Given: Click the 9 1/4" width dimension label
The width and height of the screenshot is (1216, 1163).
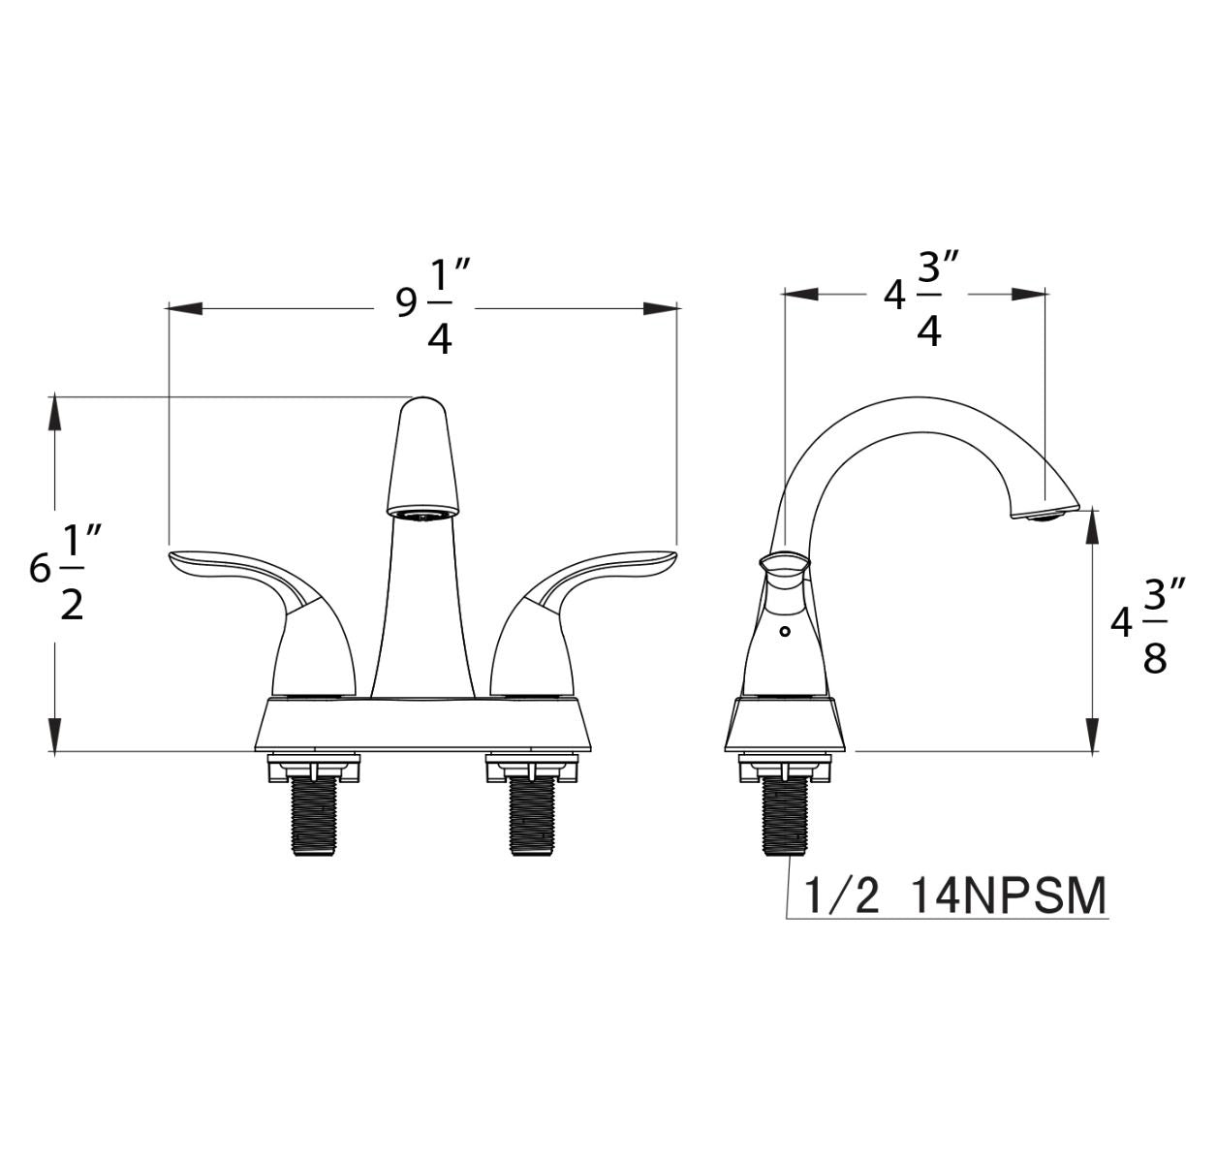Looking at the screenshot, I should [x=432, y=308].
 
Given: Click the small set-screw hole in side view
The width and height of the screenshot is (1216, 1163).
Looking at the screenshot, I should [x=784, y=632].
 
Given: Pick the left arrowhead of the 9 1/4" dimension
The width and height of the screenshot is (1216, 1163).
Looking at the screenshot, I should [x=184, y=308].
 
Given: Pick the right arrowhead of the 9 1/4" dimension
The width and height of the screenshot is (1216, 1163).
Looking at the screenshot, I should [x=661, y=308].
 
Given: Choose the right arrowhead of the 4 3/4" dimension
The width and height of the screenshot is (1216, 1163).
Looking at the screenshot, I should [x=1030, y=292].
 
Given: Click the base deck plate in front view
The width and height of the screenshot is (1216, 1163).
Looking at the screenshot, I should [x=422, y=724].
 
